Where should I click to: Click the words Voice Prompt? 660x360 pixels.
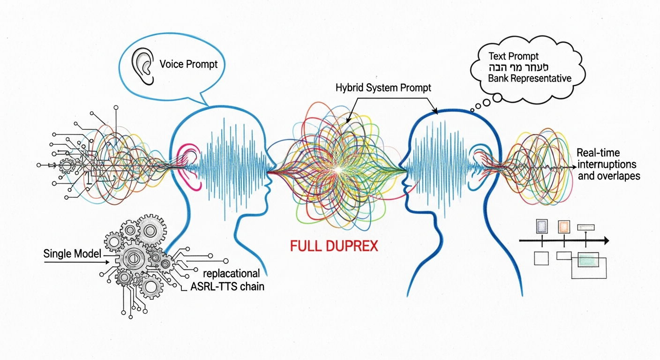coord(188,64)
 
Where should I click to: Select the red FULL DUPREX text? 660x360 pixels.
coord(334,246)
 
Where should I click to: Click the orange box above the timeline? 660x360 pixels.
coord(563,227)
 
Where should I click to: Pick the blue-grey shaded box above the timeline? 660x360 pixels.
coord(541,227)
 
